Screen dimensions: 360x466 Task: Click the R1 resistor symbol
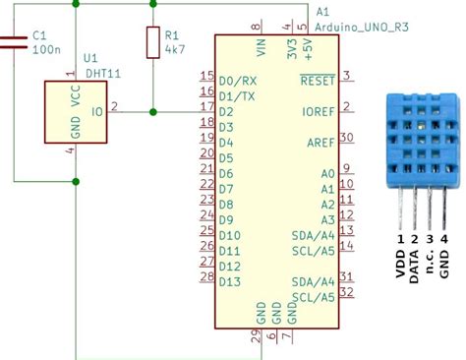click(x=152, y=42)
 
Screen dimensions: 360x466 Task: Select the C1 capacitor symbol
click(x=13, y=40)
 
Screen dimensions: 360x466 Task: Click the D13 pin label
click(x=229, y=281)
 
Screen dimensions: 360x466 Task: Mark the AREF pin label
click(x=320, y=142)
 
